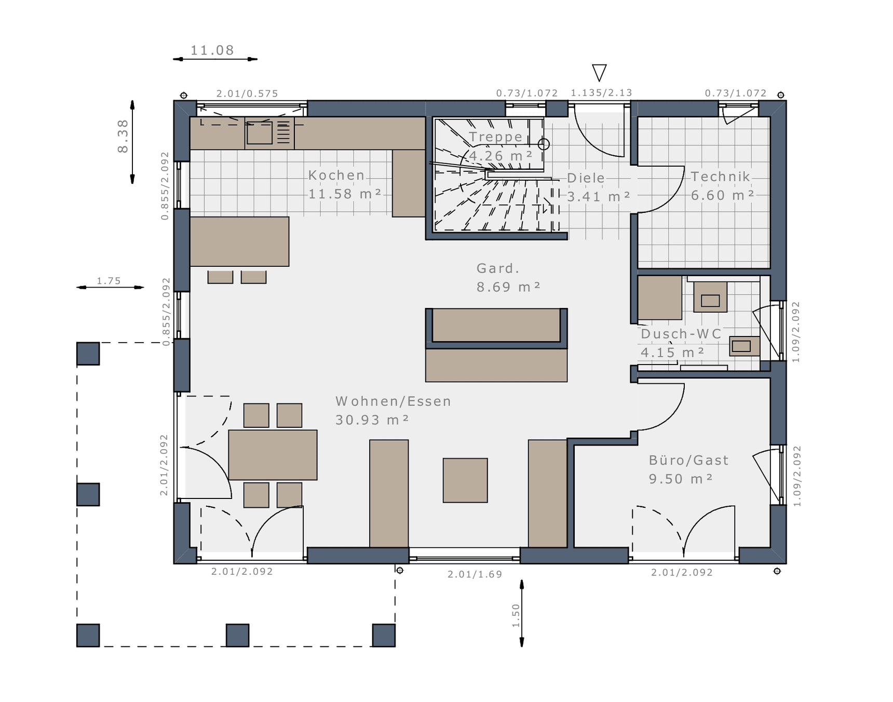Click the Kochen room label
[336, 176]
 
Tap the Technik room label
[720, 177]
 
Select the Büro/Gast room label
[688, 461]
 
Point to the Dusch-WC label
[681, 334]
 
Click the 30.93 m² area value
[372, 420]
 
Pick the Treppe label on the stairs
[495, 137]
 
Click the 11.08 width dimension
[212, 50]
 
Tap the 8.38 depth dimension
[123, 136]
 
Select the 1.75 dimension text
[109, 281]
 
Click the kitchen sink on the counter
[259, 133]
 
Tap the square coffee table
[465, 480]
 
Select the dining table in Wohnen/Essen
[273, 455]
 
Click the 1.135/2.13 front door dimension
[601, 93]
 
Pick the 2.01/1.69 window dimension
[475, 574]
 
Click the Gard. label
[498, 268]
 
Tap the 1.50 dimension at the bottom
[516, 615]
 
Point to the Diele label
[586, 178]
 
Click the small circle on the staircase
[544, 144]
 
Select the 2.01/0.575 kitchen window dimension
[247, 93]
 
